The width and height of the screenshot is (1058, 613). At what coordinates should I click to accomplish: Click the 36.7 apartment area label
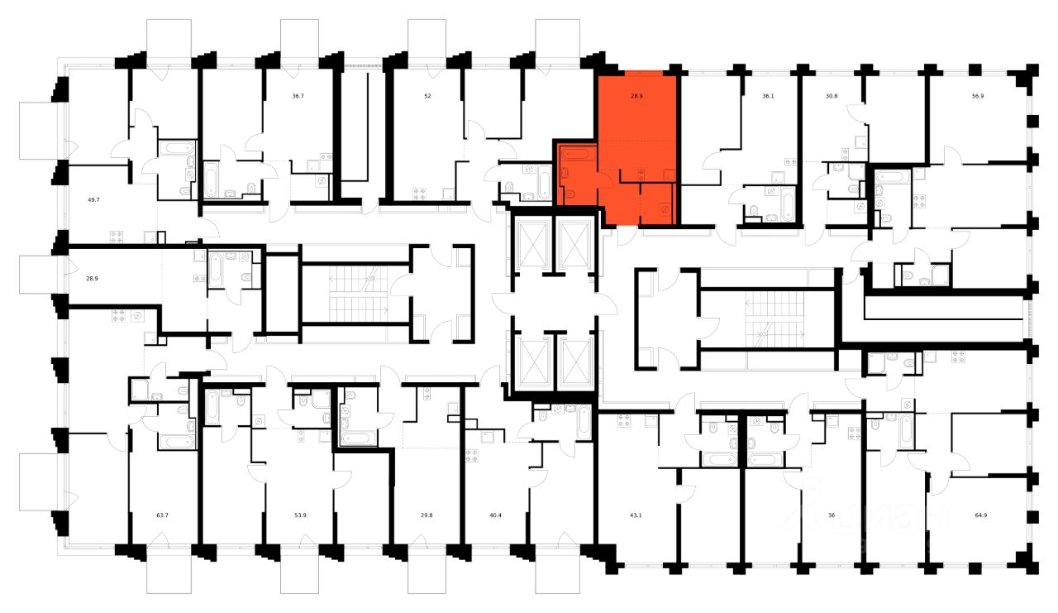pos(298,96)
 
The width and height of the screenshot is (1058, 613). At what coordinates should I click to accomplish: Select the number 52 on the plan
pos(427,96)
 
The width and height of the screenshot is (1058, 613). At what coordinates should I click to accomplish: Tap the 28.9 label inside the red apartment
pos(636,96)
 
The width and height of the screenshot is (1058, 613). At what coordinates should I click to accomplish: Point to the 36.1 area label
pos(768,96)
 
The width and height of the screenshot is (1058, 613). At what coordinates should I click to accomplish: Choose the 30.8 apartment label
pos(832,96)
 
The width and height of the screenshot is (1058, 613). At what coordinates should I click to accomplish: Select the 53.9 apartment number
pos(301,515)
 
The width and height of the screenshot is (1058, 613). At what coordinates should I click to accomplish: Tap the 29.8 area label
pos(427,515)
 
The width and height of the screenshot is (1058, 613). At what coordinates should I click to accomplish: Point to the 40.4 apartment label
pos(496,515)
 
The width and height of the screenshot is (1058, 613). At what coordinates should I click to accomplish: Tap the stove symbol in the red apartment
pos(641,173)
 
